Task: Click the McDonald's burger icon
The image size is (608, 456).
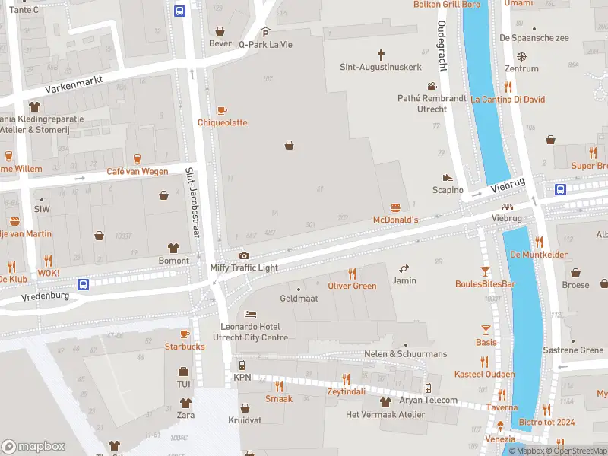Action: (395, 207)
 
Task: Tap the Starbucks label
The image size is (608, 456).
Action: (185, 347)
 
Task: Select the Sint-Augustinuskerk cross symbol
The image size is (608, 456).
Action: (380, 55)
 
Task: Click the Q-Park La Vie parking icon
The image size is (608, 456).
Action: (265, 33)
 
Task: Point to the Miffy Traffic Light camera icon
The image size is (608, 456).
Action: (244, 256)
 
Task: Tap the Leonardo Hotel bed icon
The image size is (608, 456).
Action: (250, 315)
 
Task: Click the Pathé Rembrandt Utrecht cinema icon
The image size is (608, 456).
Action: (432, 87)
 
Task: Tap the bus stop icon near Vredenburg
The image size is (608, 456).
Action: (84, 284)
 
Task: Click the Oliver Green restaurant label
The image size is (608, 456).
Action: (352, 286)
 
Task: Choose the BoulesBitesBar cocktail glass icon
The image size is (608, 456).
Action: (485, 271)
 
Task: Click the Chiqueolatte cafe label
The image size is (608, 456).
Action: (222, 122)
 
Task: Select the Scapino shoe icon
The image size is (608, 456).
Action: (448, 178)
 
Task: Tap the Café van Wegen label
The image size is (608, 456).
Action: (137, 171)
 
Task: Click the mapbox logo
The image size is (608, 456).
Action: (33, 447)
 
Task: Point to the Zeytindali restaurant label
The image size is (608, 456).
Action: (346, 391)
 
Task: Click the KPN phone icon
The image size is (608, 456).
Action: (242, 366)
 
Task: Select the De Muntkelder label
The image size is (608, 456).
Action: (539, 255)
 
